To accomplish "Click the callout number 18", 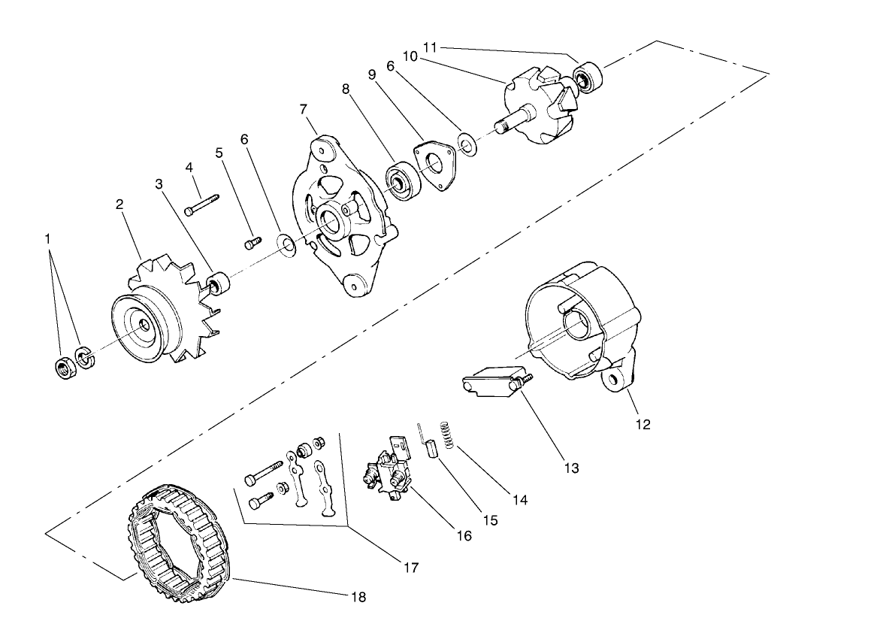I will (x=358, y=597).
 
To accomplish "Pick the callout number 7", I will (x=303, y=110).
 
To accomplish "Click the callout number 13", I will (x=571, y=468).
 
